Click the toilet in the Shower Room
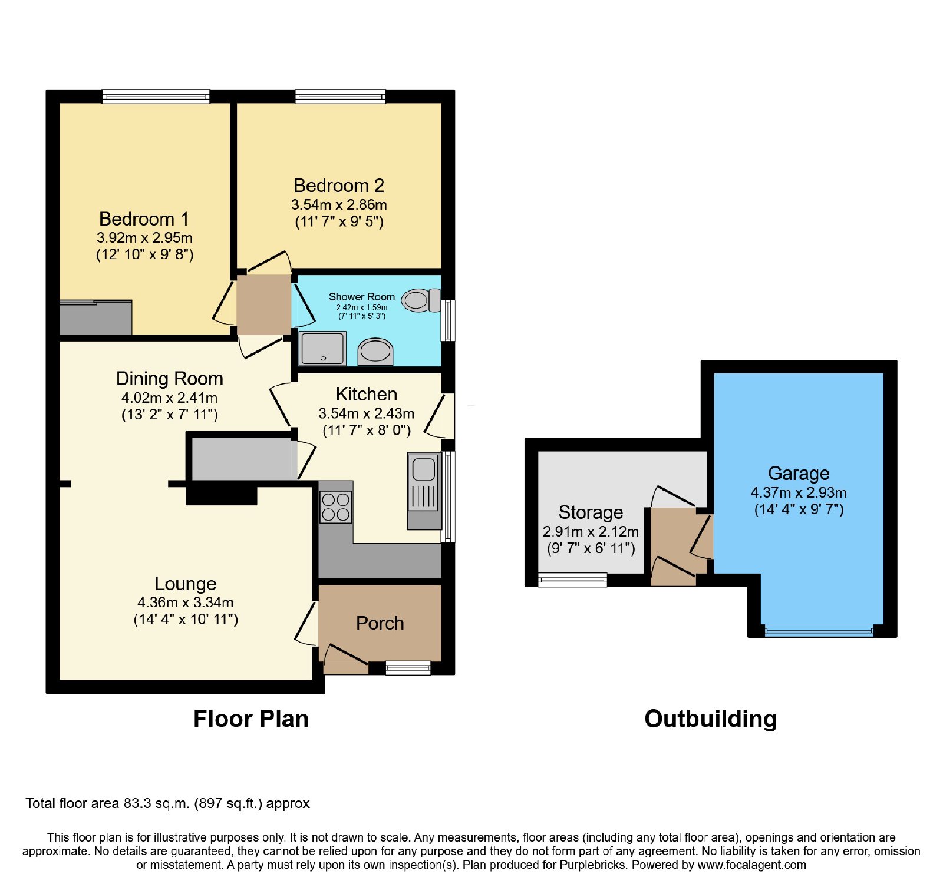coord(421,300)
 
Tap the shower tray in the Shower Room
coord(322,348)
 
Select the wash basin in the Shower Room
coord(375,352)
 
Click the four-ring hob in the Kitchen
coord(335,507)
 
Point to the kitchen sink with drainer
coord(424,491)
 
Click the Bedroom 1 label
coord(144,219)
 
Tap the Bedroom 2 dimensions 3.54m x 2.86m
coord(339,205)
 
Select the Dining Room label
coord(170,378)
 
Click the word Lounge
coord(186,584)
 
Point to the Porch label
coord(380,623)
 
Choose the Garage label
coord(799,474)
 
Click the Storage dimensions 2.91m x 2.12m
coord(591,532)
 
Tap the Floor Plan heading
coord(251,719)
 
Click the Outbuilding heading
coord(711,719)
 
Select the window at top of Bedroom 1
coord(156,96)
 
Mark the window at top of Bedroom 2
coord(340,96)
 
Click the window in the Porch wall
coord(408,668)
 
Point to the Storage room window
coord(572,580)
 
